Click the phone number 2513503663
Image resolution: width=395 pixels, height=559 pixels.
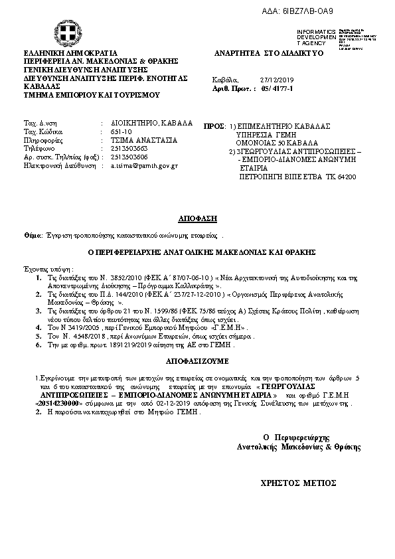coord(129,149)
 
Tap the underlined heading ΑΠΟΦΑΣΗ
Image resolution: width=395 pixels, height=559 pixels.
coord(197,218)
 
